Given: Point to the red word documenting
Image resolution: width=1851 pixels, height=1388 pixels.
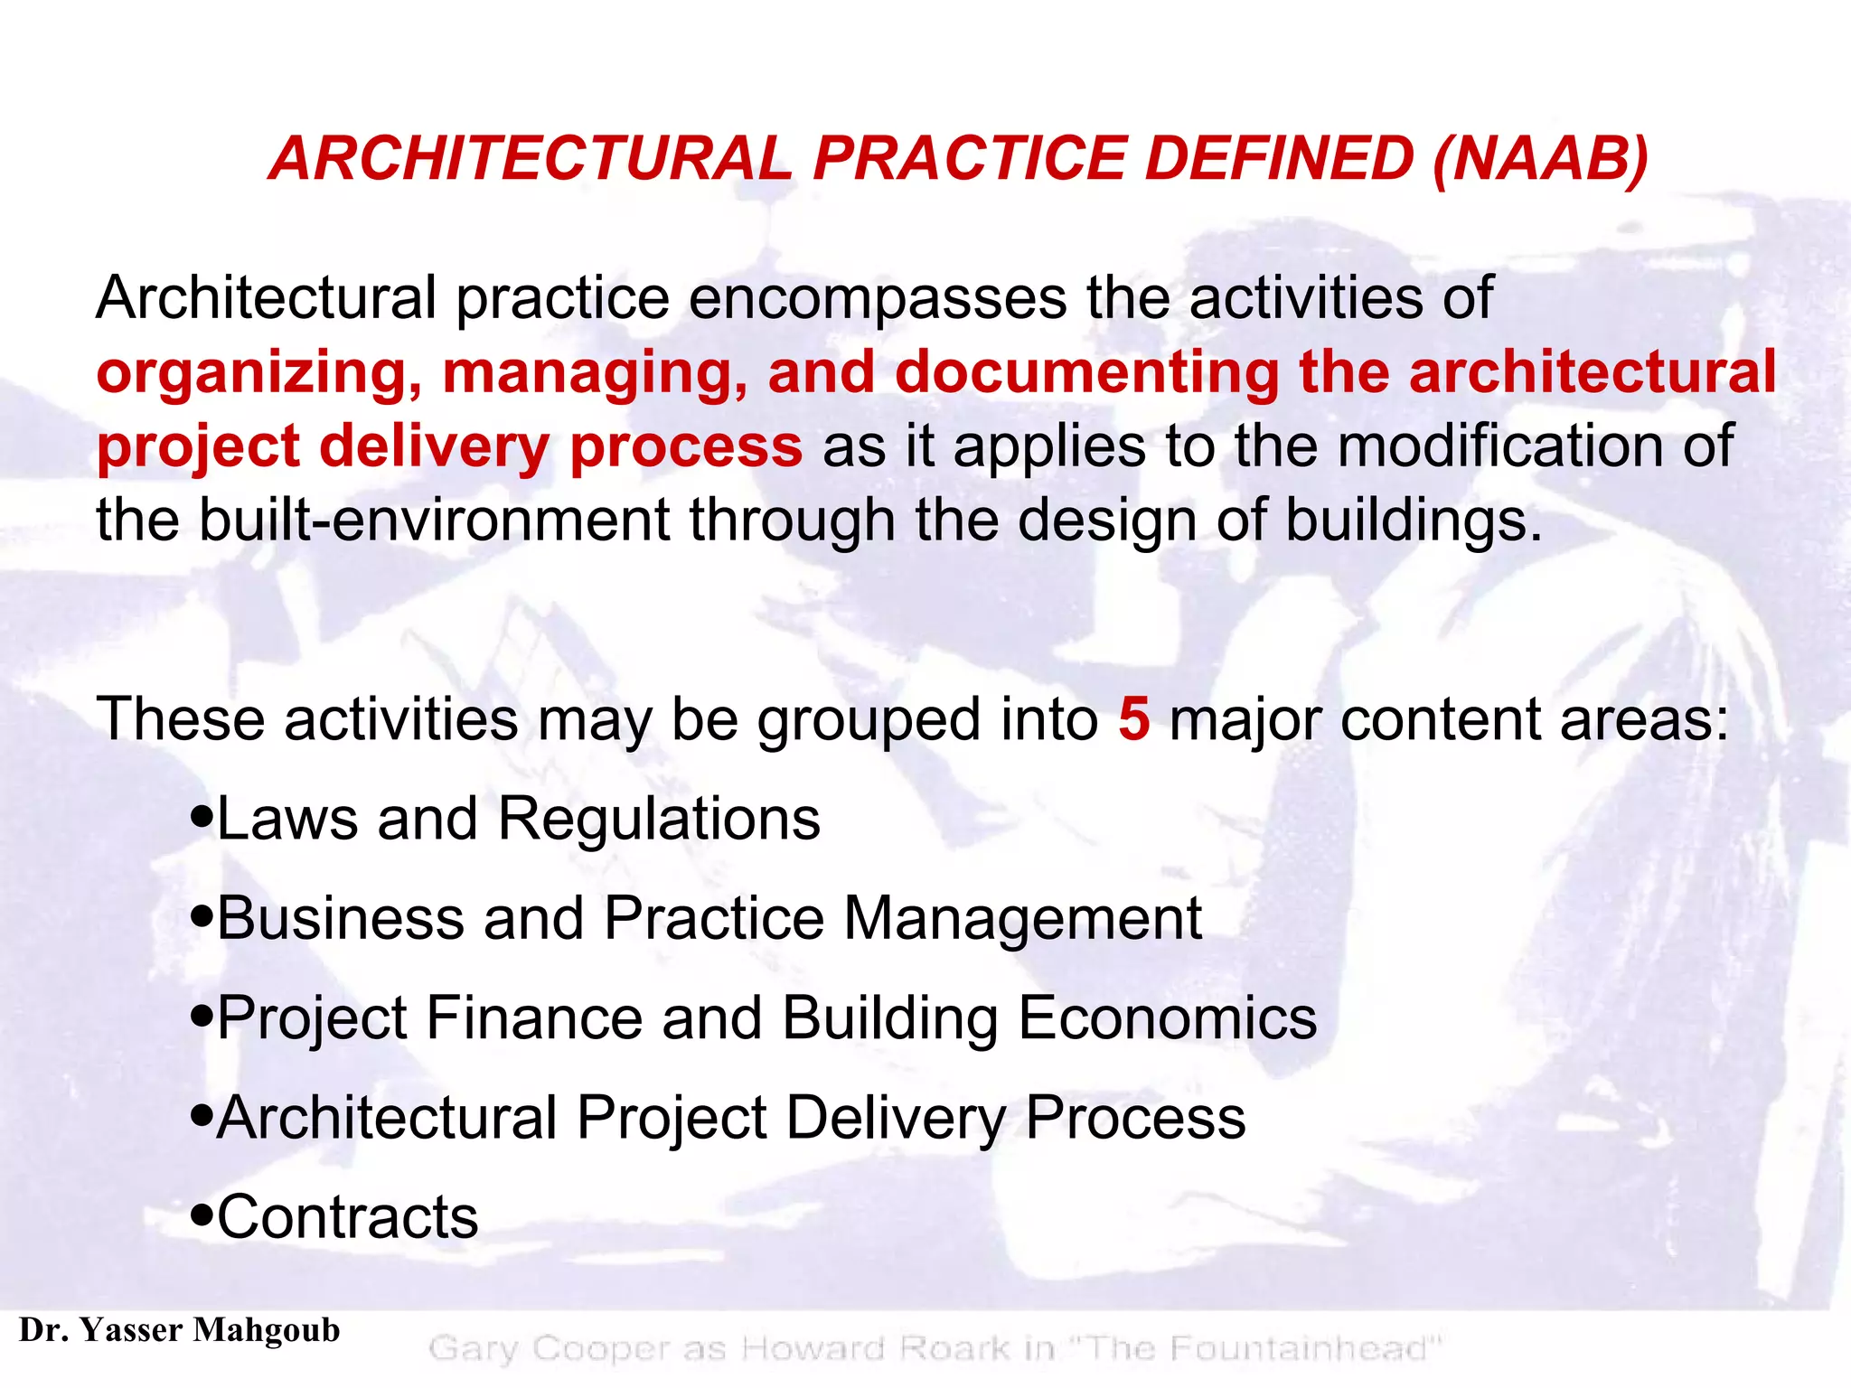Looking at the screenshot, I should click(x=1086, y=372).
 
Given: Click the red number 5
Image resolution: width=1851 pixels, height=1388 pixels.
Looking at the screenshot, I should click(x=1133, y=720).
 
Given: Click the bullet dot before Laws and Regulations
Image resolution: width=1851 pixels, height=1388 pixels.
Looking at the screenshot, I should click(x=202, y=820).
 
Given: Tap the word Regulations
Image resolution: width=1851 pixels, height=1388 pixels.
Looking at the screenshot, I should click(x=659, y=820).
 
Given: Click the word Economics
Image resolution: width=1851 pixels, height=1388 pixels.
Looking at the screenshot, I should click(x=1167, y=1018).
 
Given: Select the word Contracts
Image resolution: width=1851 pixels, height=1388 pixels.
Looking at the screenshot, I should click(x=347, y=1217).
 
